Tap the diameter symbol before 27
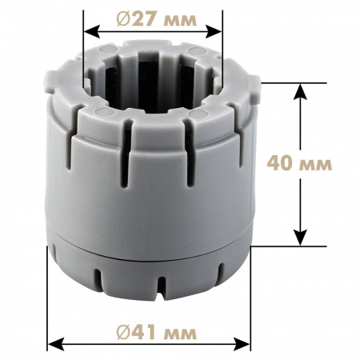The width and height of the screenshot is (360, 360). point(123,19)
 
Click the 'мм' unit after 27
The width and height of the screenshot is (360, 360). point(181,21)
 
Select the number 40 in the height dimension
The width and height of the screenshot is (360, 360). point(278,163)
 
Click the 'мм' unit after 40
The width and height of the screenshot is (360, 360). point(316,166)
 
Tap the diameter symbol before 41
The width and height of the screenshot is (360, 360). point(123,333)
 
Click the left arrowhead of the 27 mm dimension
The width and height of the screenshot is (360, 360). point(91,32)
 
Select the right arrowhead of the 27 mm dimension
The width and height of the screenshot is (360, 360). point(214,32)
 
